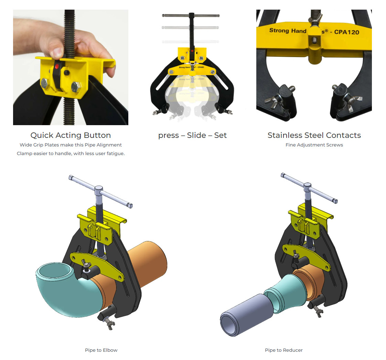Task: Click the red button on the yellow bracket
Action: tap(57, 67)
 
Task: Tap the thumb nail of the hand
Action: tap(57, 52)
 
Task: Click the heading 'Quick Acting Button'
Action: tap(71, 135)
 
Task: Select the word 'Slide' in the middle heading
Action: tap(196, 135)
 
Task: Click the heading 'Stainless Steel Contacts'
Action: tap(314, 135)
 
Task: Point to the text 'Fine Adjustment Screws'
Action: tap(314, 145)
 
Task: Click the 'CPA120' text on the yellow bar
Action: tap(347, 32)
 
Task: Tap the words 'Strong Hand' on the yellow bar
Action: tap(288, 31)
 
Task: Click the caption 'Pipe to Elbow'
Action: tap(101, 350)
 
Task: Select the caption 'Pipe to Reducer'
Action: tap(284, 350)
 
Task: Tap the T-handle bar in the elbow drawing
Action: tap(101, 191)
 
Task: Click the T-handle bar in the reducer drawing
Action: tap(309, 187)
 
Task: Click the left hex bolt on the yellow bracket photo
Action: tap(45, 84)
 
